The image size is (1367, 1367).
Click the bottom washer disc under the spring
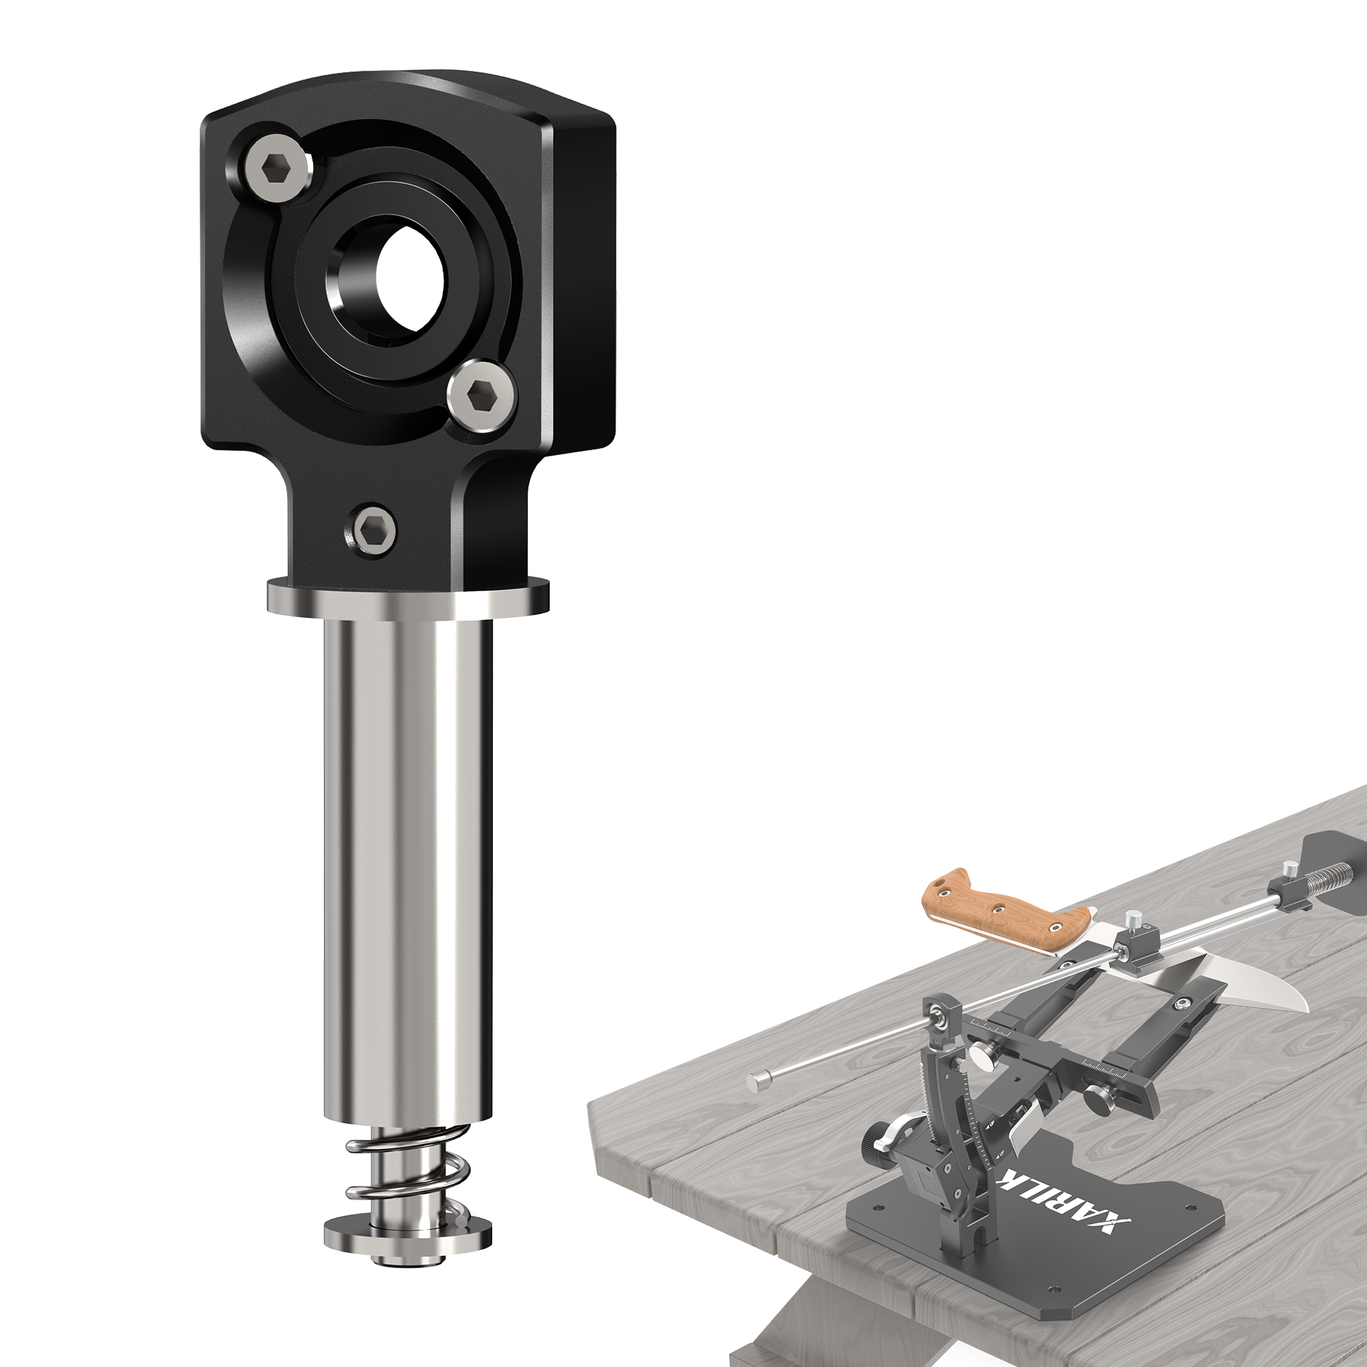pyautogui.click(x=407, y=1207)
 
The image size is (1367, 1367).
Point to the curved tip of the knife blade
pyautogui.click(x=1295, y=1007)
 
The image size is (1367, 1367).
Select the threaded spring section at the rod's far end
pyautogui.click(x=1329, y=869)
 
